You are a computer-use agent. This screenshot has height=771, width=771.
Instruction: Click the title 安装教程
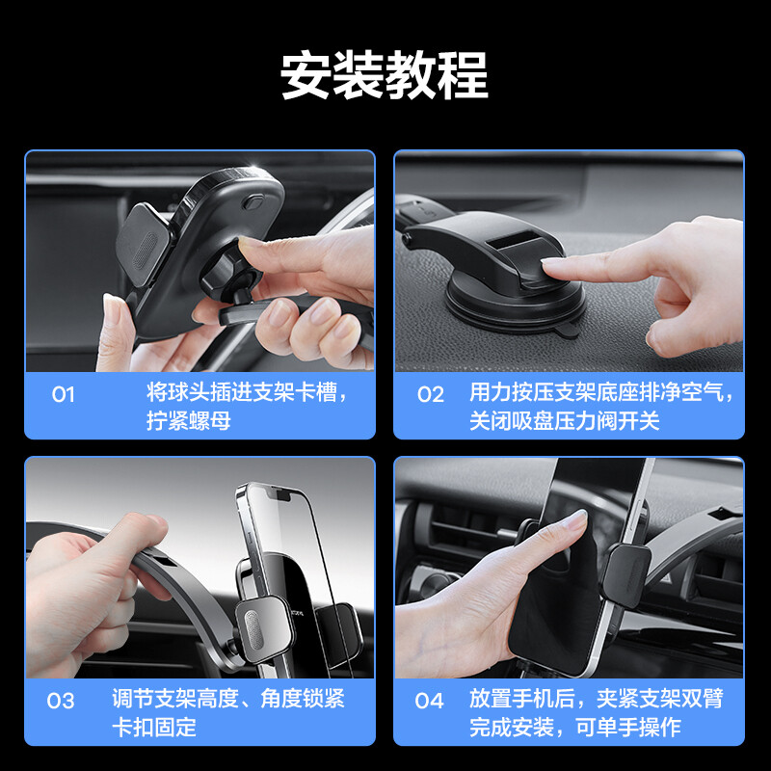coord(385,75)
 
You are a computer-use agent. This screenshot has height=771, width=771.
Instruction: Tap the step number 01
coord(64,394)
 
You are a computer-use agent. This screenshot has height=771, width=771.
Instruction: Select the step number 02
coord(431,394)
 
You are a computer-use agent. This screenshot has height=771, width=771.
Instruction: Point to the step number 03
coord(61,701)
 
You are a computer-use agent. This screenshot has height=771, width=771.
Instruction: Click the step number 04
coord(429,701)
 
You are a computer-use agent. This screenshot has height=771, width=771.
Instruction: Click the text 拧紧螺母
coord(188,421)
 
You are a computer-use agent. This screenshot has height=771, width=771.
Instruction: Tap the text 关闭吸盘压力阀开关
coord(564,421)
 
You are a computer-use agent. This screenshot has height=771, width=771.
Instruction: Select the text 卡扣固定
coord(154,728)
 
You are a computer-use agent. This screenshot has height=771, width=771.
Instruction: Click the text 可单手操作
coord(628,728)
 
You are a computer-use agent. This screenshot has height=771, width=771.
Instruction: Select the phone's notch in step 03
coord(279,494)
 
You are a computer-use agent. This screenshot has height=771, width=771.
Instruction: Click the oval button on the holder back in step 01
coord(253,201)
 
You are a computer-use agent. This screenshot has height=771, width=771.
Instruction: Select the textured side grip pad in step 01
coord(144,246)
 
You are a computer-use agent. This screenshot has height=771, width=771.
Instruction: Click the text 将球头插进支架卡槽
coord(242,392)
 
